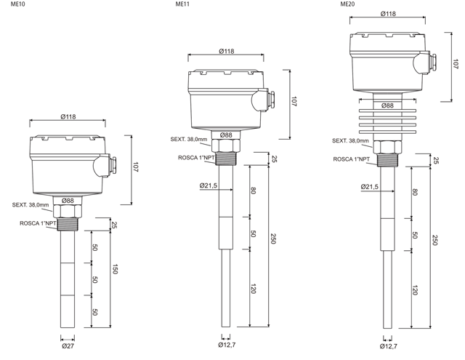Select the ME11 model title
click(182, 4)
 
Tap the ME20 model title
click(347, 4)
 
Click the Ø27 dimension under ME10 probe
click(68, 346)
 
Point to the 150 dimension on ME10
click(116, 269)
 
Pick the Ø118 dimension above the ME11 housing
click(227, 52)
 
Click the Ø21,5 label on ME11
click(209, 185)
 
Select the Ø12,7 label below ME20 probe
click(389, 346)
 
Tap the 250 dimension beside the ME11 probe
click(273, 239)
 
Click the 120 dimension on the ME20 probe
click(415, 290)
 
